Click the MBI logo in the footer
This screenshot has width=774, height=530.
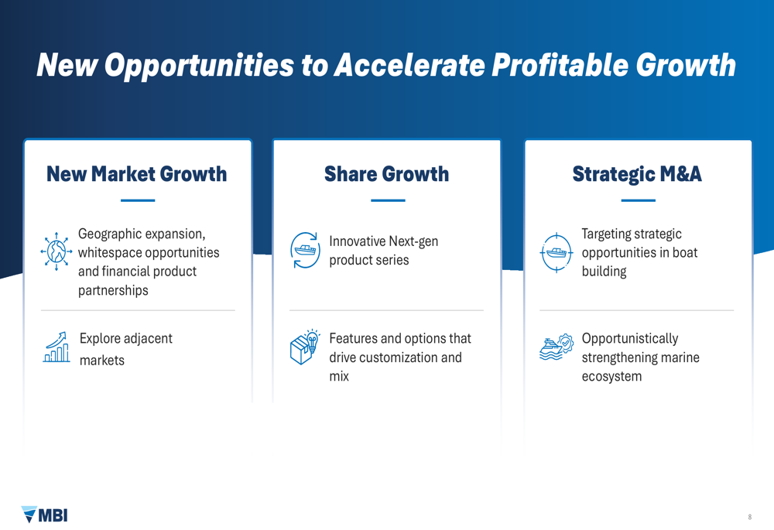click(44, 515)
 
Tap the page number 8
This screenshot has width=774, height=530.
click(749, 517)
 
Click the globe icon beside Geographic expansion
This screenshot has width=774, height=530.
click(57, 251)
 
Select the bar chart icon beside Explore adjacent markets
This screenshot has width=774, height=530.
click(57, 347)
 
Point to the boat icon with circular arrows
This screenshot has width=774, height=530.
click(305, 250)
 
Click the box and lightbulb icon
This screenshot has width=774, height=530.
click(304, 347)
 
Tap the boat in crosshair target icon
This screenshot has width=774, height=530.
click(557, 253)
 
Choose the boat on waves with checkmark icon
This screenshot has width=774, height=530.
click(557, 347)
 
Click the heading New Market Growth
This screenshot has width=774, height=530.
click(137, 174)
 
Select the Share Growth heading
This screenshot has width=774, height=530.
click(386, 174)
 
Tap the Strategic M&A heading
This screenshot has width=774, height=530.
click(637, 174)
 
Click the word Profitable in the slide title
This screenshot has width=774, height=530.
click(560, 65)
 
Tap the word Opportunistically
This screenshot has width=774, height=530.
click(630, 339)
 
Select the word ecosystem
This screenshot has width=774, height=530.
click(611, 377)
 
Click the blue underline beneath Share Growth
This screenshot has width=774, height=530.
click(388, 200)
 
